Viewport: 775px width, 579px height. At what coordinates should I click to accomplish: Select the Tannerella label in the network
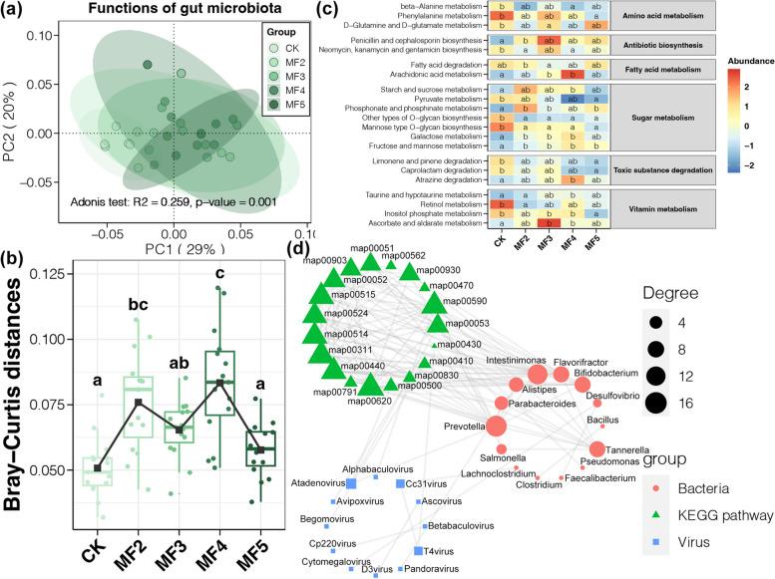tap(609, 448)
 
